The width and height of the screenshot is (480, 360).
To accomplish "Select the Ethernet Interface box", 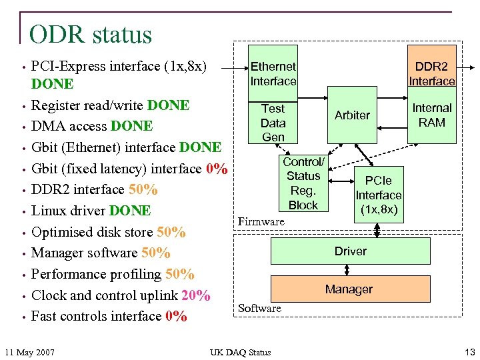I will click(x=273, y=74).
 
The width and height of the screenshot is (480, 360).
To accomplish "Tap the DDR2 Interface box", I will click(x=431, y=74).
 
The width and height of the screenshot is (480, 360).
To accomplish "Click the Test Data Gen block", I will click(x=273, y=123).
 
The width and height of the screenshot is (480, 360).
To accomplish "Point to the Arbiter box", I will click(x=352, y=115).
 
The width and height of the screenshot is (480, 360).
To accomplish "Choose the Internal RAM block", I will click(x=431, y=115).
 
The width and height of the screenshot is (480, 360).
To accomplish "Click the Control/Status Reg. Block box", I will click(x=303, y=183).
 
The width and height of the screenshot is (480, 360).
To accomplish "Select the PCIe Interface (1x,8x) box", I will click(x=378, y=195).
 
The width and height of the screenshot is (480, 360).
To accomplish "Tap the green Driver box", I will click(x=350, y=251).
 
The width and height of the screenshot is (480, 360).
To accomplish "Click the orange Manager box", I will click(x=349, y=289).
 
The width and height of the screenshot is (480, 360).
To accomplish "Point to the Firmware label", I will click(x=261, y=221).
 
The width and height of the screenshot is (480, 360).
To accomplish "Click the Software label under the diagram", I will click(x=259, y=308).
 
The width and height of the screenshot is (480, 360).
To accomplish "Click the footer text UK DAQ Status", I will click(x=240, y=352).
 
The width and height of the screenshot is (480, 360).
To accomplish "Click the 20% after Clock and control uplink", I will click(x=196, y=295).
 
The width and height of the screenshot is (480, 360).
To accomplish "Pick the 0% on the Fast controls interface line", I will click(x=176, y=317).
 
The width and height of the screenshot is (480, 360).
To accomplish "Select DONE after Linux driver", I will click(x=131, y=211).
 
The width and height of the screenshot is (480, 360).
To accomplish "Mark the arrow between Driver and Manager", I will click(x=347, y=270).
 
